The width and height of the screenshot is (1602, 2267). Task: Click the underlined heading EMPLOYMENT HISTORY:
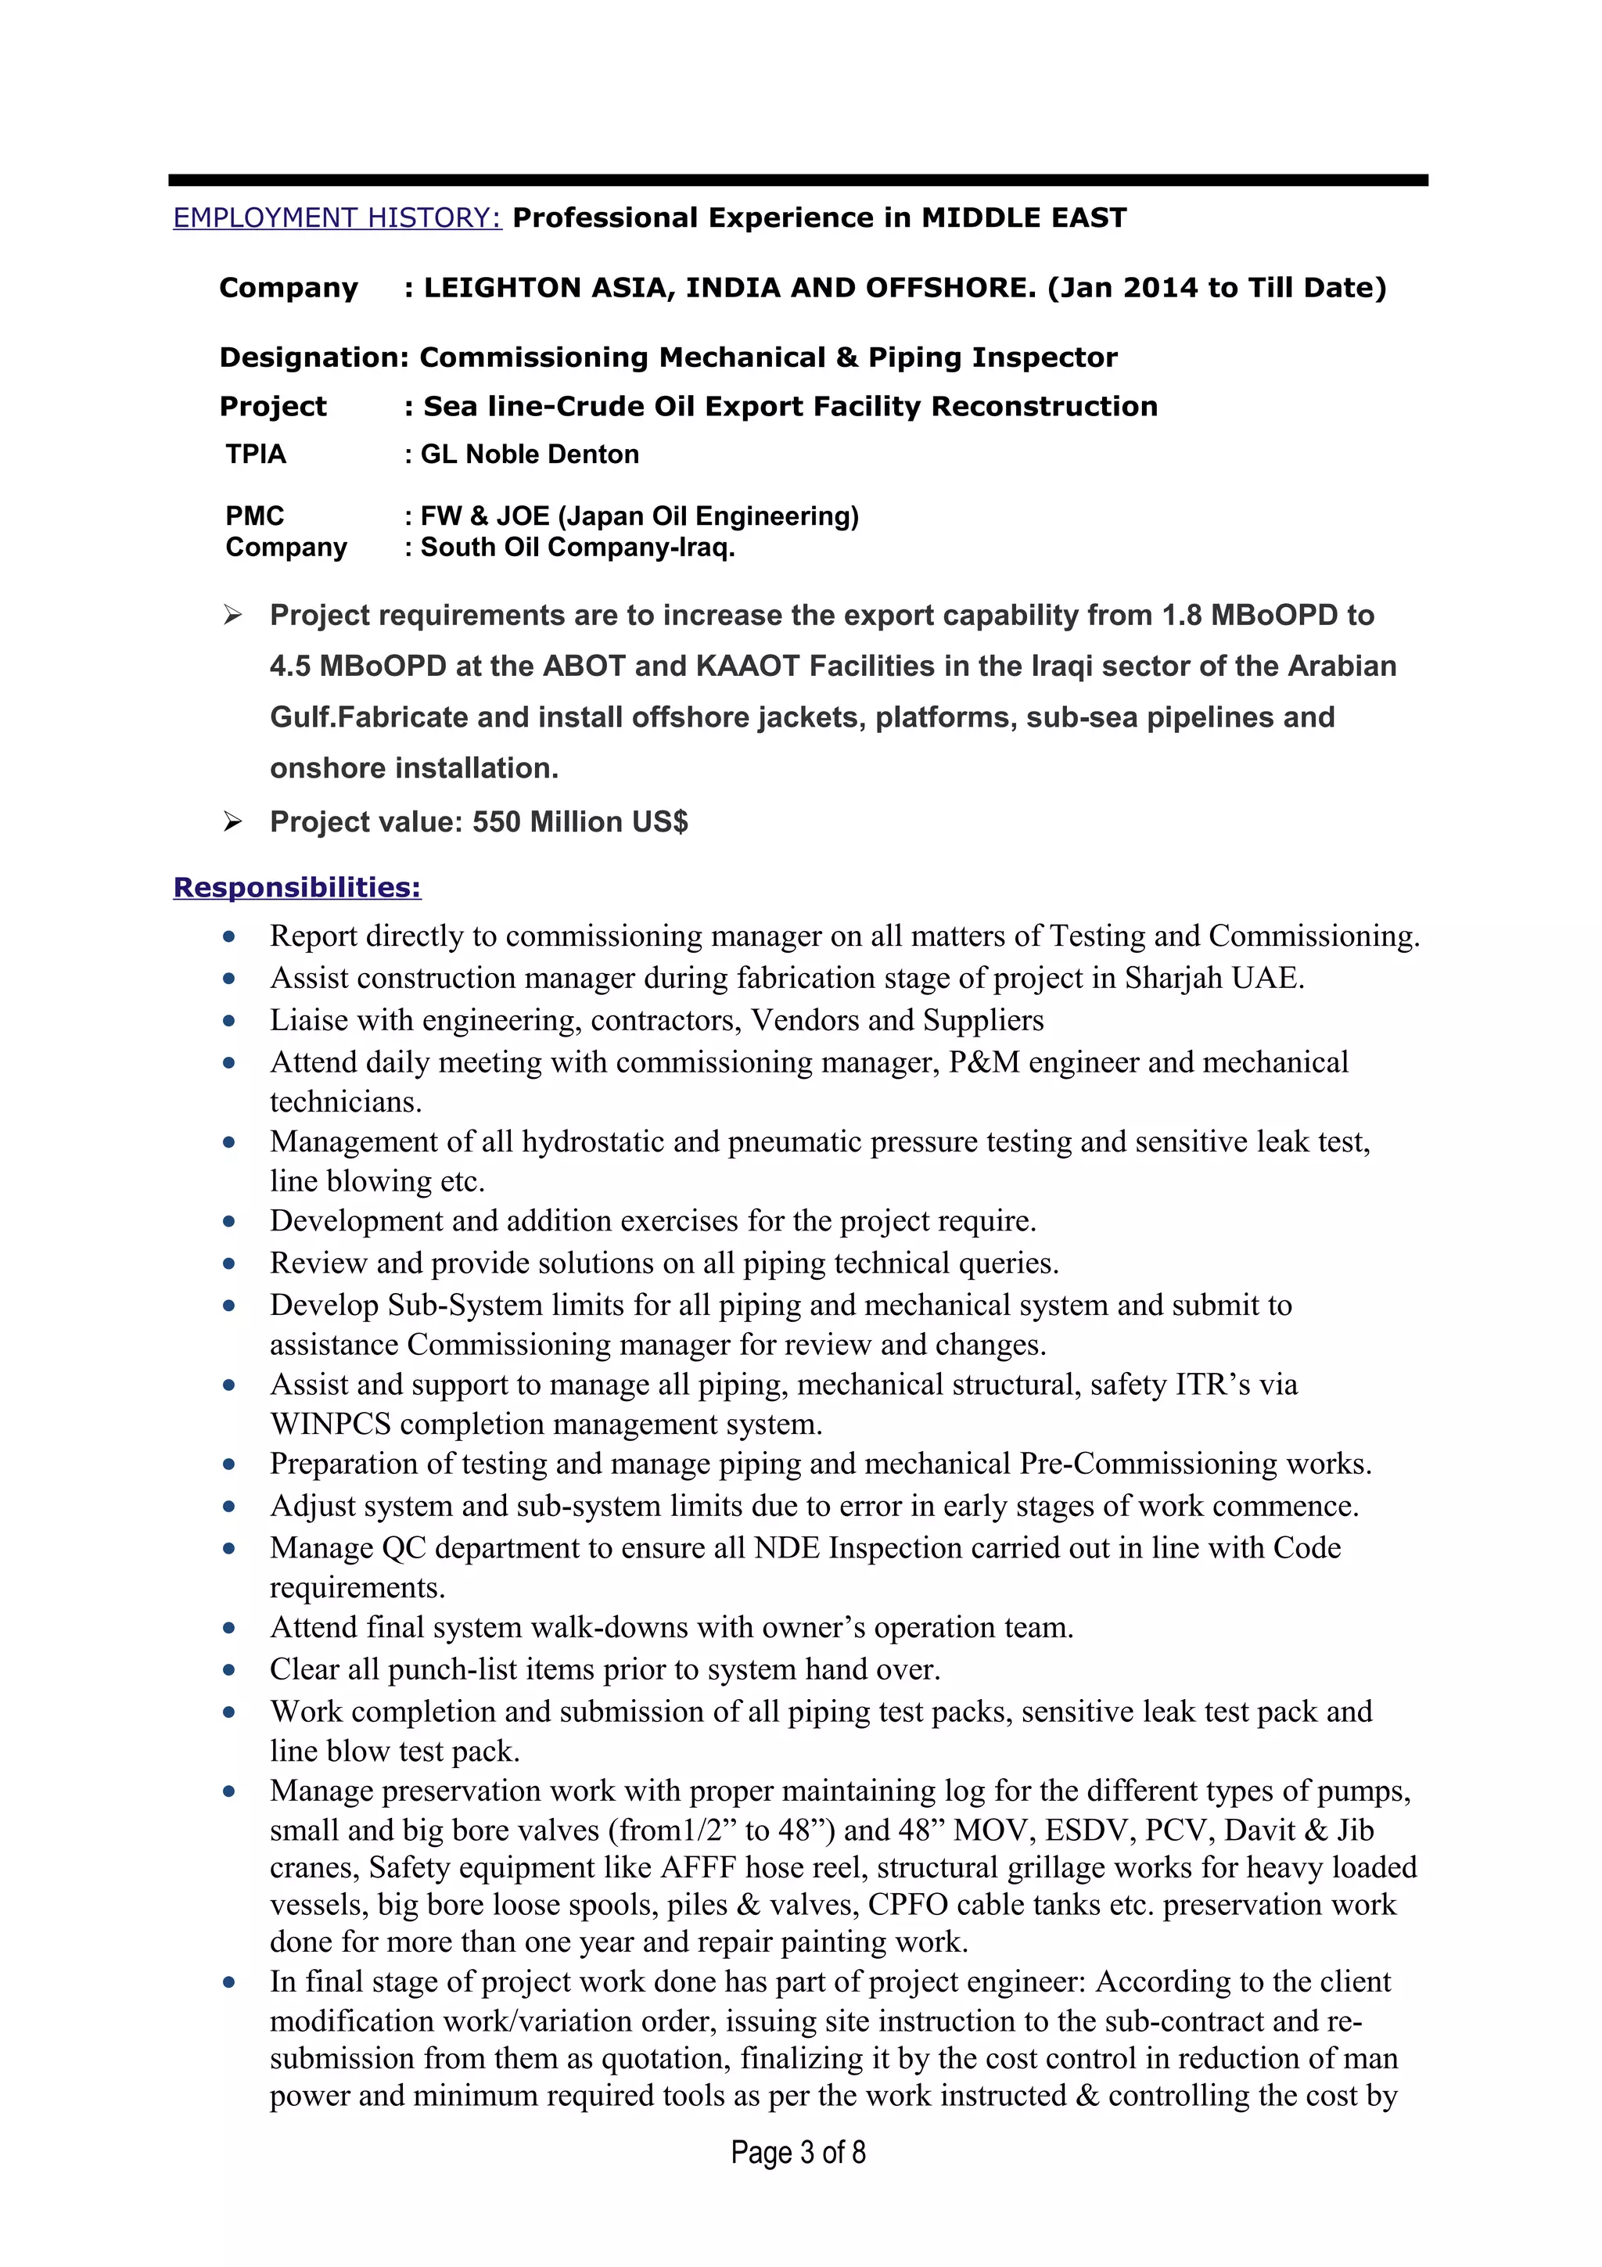pyautogui.click(x=338, y=217)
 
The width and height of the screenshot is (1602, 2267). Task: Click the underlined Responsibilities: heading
pyautogui.click(x=297, y=888)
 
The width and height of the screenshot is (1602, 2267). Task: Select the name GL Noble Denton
pyautogui.click(x=530, y=454)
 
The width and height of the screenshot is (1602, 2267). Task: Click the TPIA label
pyautogui.click(x=256, y=454)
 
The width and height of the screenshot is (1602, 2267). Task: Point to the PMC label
pyautogui.click(x=255, y=516)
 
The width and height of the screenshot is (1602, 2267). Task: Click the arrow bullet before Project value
pyautogui.click(x=232, y=821)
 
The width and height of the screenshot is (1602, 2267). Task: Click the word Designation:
pyautogui.click(x=313, y=357)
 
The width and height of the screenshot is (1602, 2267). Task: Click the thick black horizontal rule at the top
pyautogui.click(x=798, y=181)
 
